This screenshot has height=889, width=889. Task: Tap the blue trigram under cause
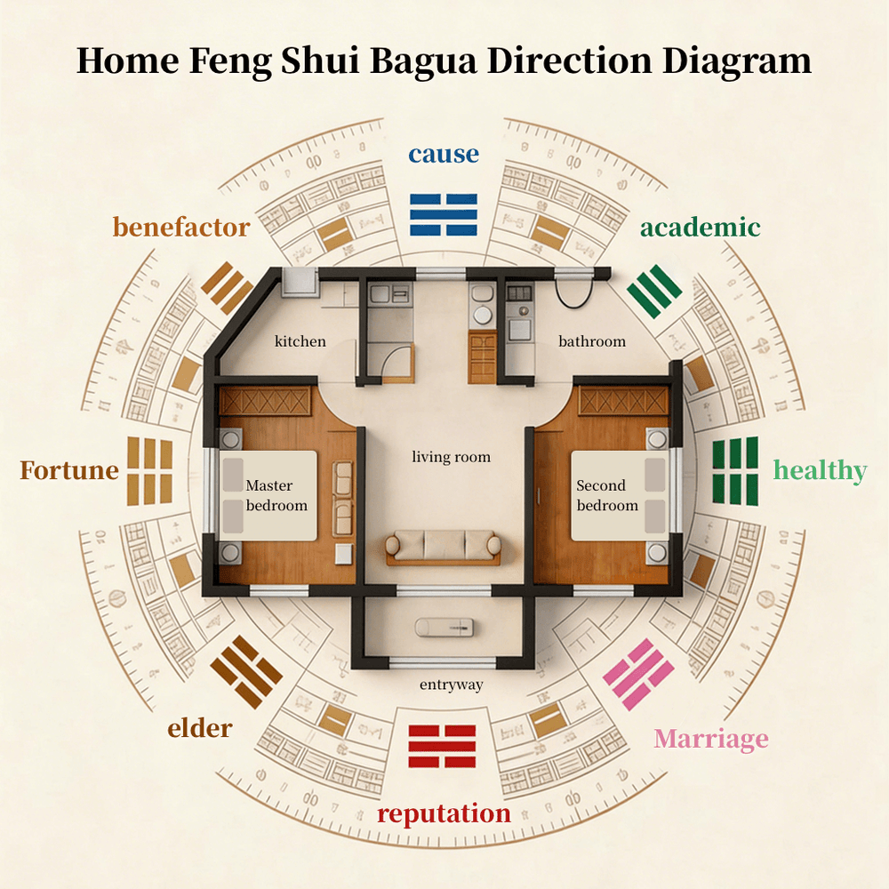[444, 215]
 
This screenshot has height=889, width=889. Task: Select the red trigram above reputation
[442, 746]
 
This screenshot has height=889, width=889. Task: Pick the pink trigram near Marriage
[638, 675]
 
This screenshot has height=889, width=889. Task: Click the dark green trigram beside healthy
[735, 471]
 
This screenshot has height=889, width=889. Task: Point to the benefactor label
[181, 228]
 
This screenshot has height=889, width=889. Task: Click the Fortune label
[69, 470]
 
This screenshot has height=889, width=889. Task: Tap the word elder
[199, 729]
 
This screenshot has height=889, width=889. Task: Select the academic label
[701, 228]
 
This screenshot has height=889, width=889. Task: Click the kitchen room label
[300, 341]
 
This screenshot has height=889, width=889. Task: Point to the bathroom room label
[592, 341]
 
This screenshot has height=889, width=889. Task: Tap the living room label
[452, 457]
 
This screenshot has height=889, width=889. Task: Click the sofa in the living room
[444, 547]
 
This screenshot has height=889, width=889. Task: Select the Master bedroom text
[276, 495]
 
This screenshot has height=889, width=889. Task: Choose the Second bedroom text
[607, 495]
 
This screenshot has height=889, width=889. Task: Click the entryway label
[452, 685]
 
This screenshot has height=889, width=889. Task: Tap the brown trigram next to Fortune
[149, 471]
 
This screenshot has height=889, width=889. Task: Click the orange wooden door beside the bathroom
[483, 358]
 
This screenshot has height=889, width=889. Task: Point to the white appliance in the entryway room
[444, 628]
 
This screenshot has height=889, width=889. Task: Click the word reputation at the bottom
[444, 813]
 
